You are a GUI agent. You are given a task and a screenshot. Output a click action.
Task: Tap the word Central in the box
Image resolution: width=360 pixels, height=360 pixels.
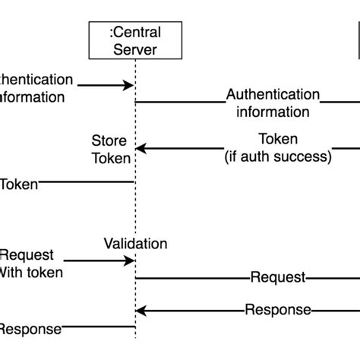(x=137, y=32)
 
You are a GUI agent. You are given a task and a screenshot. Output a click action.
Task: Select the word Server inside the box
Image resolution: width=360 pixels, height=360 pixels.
(x=135, y=50)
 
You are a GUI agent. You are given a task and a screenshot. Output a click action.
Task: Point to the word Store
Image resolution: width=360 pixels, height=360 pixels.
(x=109, y=141)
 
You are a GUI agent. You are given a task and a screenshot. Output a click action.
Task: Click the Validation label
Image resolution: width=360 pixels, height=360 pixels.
(x=135, y=244)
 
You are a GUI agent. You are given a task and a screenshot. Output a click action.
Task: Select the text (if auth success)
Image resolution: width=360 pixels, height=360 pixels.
(x=278, y=157)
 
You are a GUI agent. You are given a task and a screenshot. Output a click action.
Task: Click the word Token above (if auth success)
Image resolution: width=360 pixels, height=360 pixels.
(x=278, y=140)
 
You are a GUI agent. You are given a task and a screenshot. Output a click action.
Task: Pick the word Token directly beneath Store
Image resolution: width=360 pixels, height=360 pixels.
(x=112, y=159)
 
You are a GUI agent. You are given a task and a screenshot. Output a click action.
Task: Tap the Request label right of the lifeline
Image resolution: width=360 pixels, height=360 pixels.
(x=278, y=278)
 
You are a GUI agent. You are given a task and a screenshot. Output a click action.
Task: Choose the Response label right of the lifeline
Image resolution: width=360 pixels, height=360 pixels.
(x=278, y=310)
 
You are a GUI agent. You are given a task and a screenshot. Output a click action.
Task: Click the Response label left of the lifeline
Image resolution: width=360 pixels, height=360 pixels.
(x=29, y=329)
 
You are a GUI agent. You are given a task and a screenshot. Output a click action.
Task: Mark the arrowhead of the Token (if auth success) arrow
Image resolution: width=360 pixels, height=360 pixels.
(x=140, y=149)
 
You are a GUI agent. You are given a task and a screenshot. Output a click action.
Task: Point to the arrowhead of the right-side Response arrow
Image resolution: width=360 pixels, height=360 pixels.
(x=140, y=310)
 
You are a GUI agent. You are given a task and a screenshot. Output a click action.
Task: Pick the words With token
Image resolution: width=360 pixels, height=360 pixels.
(x=30, y=273)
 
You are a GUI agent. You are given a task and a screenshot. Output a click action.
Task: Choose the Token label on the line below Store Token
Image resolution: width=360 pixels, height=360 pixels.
(x=19, y=183)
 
